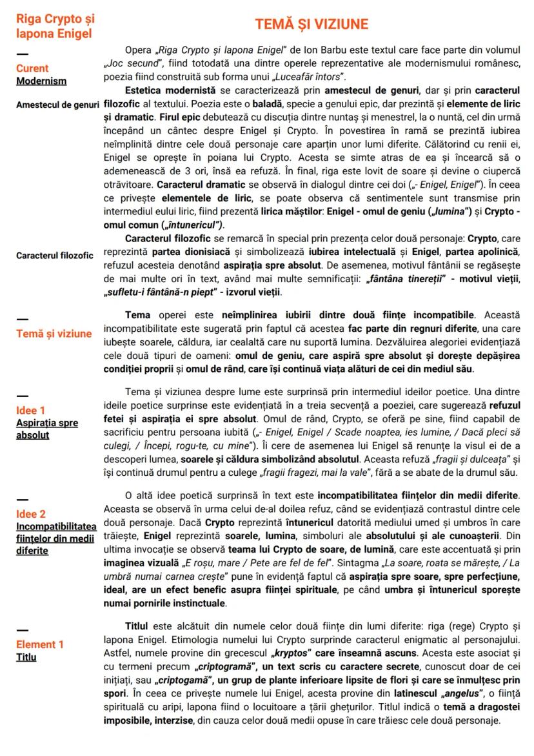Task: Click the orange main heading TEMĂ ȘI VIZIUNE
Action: (311, 25)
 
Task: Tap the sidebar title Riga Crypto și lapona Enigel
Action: (55, 26)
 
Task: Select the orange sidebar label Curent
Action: (32, 68)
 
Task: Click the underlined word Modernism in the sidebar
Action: (41, 81)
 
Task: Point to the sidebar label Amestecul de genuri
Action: (57, 105)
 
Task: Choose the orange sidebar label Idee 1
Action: (31, 411)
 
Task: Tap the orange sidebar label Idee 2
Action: (31, 515)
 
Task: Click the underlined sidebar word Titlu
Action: (26, 657)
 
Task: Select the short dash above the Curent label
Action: (22, 54)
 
